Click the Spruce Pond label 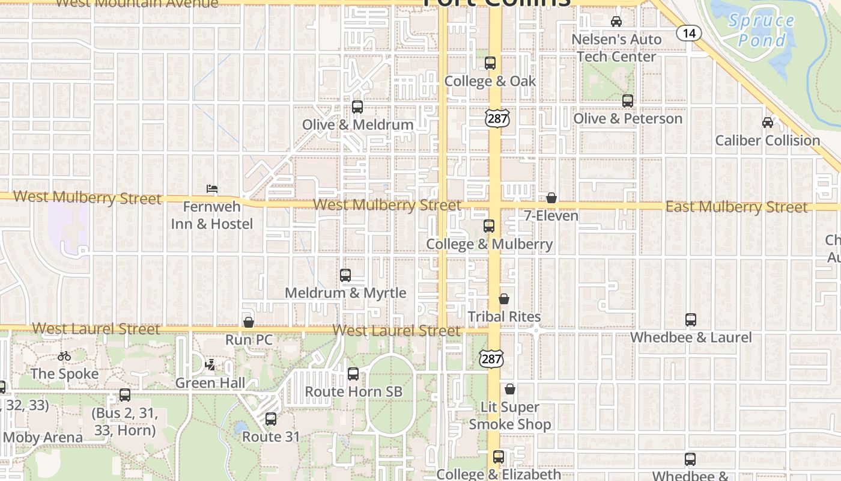click(761, 31)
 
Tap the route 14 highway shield click(688, 33)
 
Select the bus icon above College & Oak click(490, 63)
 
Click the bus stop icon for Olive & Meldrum click(357, 107)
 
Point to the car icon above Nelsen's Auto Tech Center click(616, 22)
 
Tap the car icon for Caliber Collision click(767, 123)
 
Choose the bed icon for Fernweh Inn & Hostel click(211, 189)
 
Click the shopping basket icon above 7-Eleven click(551, 198)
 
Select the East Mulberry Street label click(736, 207)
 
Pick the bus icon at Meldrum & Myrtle click(345, 275)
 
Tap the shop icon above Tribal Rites click(504, 299)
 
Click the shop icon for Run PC click(249, 323)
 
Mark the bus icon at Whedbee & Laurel click(691, 320)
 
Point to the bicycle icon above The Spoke click(64, 356)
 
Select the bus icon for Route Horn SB click(353, 374)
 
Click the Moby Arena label click(42, 437)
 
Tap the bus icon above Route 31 click(271, 419)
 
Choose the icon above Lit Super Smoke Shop click(510, 390)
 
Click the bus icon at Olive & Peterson click(628, 101)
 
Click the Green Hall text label click(210, 383)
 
